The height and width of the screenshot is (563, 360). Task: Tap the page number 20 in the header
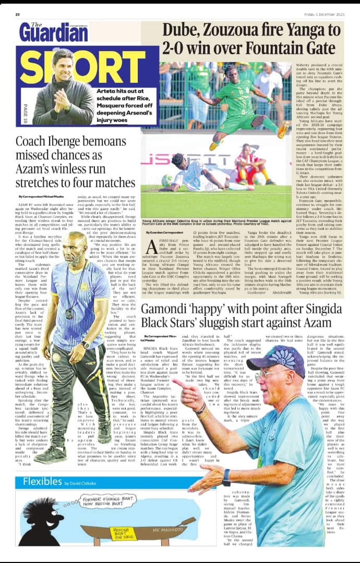(18, 15)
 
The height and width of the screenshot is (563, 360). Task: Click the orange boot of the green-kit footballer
(284, 129)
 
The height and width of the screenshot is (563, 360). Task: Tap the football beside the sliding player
(167, 180)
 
